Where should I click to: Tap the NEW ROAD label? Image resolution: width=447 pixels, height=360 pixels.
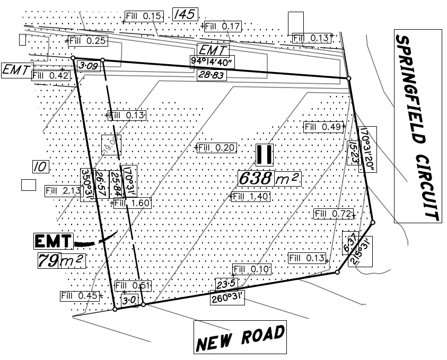240,337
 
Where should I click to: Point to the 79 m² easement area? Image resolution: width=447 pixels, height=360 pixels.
60,261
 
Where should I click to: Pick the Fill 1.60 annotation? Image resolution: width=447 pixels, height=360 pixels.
133,203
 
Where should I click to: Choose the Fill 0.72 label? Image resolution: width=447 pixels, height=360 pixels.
334,214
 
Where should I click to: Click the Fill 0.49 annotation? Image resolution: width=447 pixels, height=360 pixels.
323,127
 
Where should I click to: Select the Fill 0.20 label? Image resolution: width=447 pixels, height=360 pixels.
216,147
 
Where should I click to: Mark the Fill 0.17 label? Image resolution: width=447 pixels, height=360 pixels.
223,26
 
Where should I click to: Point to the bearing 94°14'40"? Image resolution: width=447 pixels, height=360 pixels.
213,62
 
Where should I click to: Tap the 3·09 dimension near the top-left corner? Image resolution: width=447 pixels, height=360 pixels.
87,66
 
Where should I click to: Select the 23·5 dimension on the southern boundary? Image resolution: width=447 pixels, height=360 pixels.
225,283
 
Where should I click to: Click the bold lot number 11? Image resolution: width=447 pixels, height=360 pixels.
264,154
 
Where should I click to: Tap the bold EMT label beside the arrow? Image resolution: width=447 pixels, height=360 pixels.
53,241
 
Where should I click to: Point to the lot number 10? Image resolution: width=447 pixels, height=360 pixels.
41,167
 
